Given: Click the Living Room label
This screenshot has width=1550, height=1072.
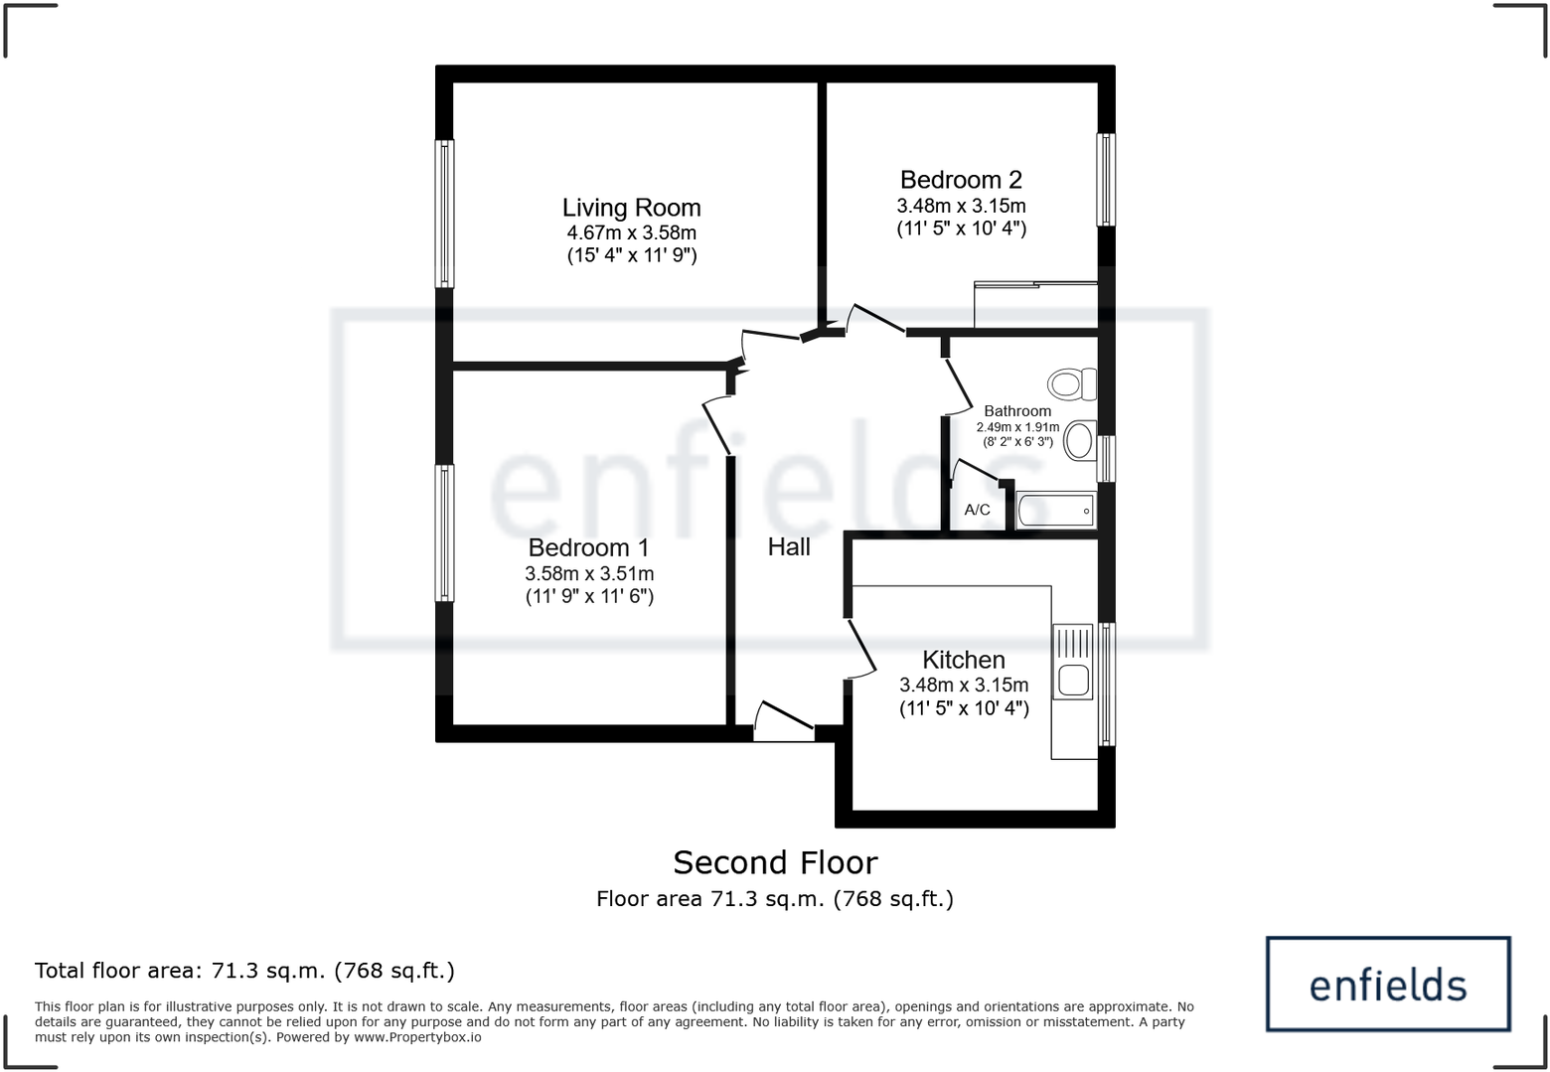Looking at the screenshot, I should coord(631,208).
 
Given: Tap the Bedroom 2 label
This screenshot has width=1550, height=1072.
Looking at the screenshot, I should coord(961,180).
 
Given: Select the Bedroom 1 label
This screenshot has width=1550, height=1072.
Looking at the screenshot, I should coord(588,547).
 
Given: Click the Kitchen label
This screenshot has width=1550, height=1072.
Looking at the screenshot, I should coord(963,660).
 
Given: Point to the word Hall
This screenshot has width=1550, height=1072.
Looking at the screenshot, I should coord(789,546).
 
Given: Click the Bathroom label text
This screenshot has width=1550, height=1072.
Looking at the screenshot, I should coord(1016,411).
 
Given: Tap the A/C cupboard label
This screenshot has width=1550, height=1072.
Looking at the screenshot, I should coord(977,510).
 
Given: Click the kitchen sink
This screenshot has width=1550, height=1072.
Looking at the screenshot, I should coord(1073,662).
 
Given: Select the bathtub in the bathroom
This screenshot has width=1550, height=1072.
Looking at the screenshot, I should coord(1055,511).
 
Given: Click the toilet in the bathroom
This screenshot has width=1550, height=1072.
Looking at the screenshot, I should coord(1071,383).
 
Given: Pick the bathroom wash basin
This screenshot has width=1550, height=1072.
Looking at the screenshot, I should coord(1079,440).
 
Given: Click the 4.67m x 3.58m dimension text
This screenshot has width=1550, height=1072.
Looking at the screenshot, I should coord(631,233).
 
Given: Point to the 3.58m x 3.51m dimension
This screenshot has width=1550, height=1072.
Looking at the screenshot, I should coord(588,573).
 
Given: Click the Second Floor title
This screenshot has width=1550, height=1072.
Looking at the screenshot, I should coord(775,862).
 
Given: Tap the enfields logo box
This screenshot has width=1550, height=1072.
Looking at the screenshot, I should coord(1388,984).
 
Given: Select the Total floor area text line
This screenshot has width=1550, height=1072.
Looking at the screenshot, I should coord(244,971).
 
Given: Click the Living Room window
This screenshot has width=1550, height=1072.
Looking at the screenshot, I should coord(446,214).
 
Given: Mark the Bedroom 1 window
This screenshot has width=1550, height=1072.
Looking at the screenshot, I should coord(446,534).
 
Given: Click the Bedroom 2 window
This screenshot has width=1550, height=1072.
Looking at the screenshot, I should coord(1105,180).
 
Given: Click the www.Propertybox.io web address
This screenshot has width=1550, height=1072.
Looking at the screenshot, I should coord(417,1037).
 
